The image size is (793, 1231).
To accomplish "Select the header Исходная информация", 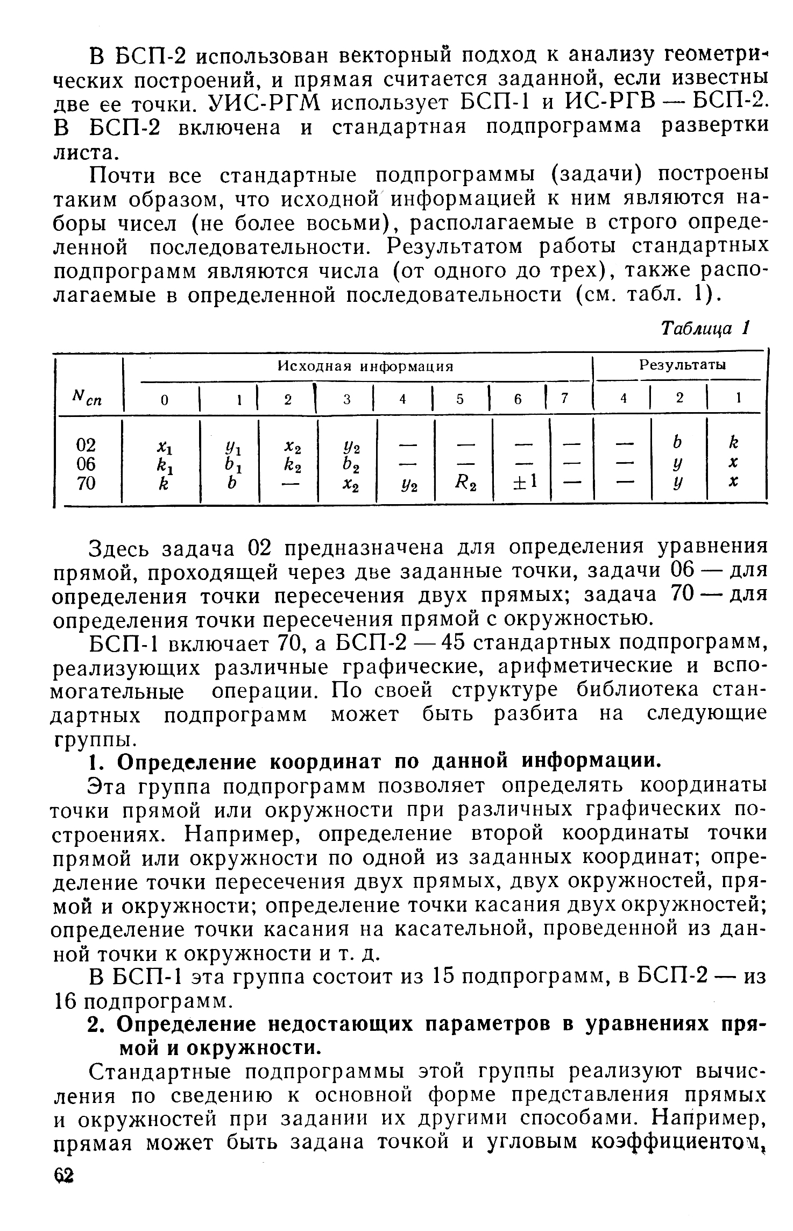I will click(x=365, y=366).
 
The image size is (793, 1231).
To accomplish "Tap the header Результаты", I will click(x=682, y=365).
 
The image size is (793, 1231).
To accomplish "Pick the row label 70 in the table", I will click(x=86, y=483).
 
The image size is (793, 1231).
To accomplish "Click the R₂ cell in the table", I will click(x=464, y=484).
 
